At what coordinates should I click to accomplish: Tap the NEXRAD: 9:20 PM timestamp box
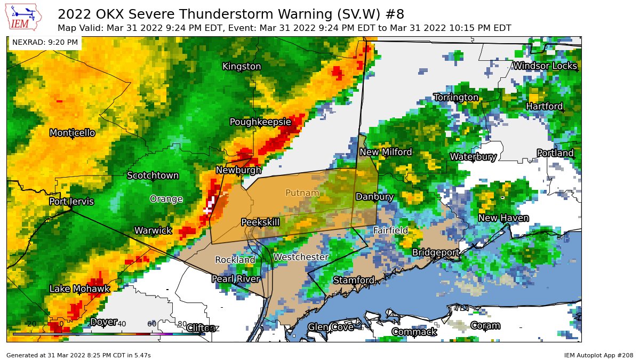tap(45, 42)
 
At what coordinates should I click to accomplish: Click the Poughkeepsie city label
tap(260, 122)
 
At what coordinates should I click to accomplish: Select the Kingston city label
tap(242, 66)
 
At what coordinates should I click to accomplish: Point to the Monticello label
tap(72, 133)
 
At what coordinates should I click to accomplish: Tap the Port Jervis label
tap(71, 202)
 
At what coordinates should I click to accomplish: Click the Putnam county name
tap(302, 193)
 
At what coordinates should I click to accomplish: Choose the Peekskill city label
tap(260, 222)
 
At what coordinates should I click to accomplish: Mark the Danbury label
tap(374, 197)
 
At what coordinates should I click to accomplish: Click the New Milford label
tap(386, 153)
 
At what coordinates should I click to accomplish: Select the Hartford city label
tap(545, 107)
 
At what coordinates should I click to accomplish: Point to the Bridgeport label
tap(436, 252)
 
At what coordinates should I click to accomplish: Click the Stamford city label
tap(354, 281)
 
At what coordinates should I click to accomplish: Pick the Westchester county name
tap(301, 257)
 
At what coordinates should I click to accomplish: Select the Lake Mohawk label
tap(79, 289)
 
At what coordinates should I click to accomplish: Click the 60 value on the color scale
tap(152, 324)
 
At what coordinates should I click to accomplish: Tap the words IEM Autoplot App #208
tap(598, 355)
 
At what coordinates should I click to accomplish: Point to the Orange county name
tap(166, 199)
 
